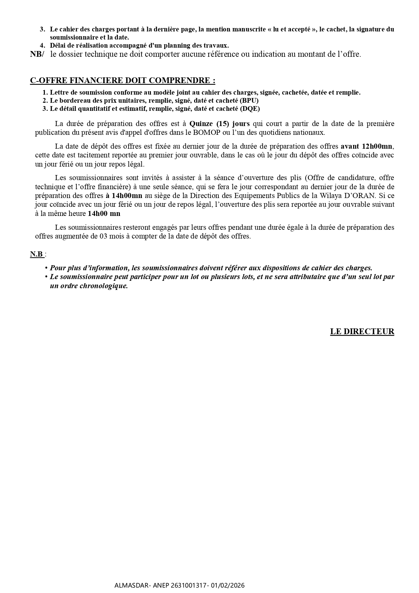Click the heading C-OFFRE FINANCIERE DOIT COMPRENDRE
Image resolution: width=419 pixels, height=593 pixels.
click(x=122, y=80)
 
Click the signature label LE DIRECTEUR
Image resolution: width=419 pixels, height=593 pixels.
click(x=362, y=331)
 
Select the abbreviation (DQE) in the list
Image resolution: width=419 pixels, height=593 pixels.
click(x=250, y=108)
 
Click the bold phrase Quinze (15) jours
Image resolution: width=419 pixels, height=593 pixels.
click(x=219, y=124)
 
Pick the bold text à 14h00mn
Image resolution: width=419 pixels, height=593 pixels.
click(x=124, y=196)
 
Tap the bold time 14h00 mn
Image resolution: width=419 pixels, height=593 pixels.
click(x=104, y=214)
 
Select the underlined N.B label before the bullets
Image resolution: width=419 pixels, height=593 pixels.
click(x=37, y=254)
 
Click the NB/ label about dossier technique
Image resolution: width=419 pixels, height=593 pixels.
click(x=37, y=54)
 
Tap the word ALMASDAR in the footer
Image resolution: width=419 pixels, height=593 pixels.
click(x=130, y=585)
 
